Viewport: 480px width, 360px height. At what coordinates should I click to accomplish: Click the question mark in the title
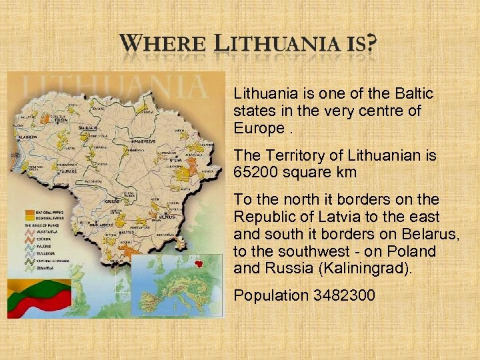tap(370, 46)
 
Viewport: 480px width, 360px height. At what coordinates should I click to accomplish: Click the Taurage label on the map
tap(69, 171)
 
